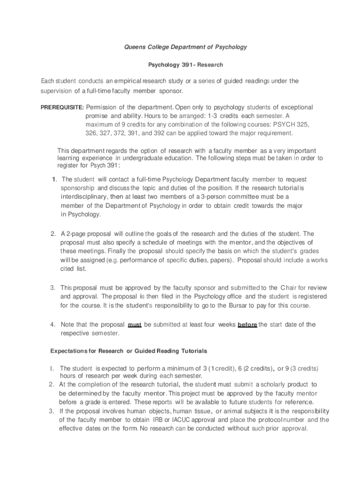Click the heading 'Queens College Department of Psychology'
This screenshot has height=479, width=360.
coord(185,47)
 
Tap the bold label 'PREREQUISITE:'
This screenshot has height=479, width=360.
coord(61,108)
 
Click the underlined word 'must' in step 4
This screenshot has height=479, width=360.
coord(135,325)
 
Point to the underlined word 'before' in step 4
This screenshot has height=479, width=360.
coord(247,325)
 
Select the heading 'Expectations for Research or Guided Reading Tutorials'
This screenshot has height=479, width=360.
coord(129,351)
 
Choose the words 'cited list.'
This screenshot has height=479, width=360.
coord(73,269)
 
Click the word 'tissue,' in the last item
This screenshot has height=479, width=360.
coord(200,411)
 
